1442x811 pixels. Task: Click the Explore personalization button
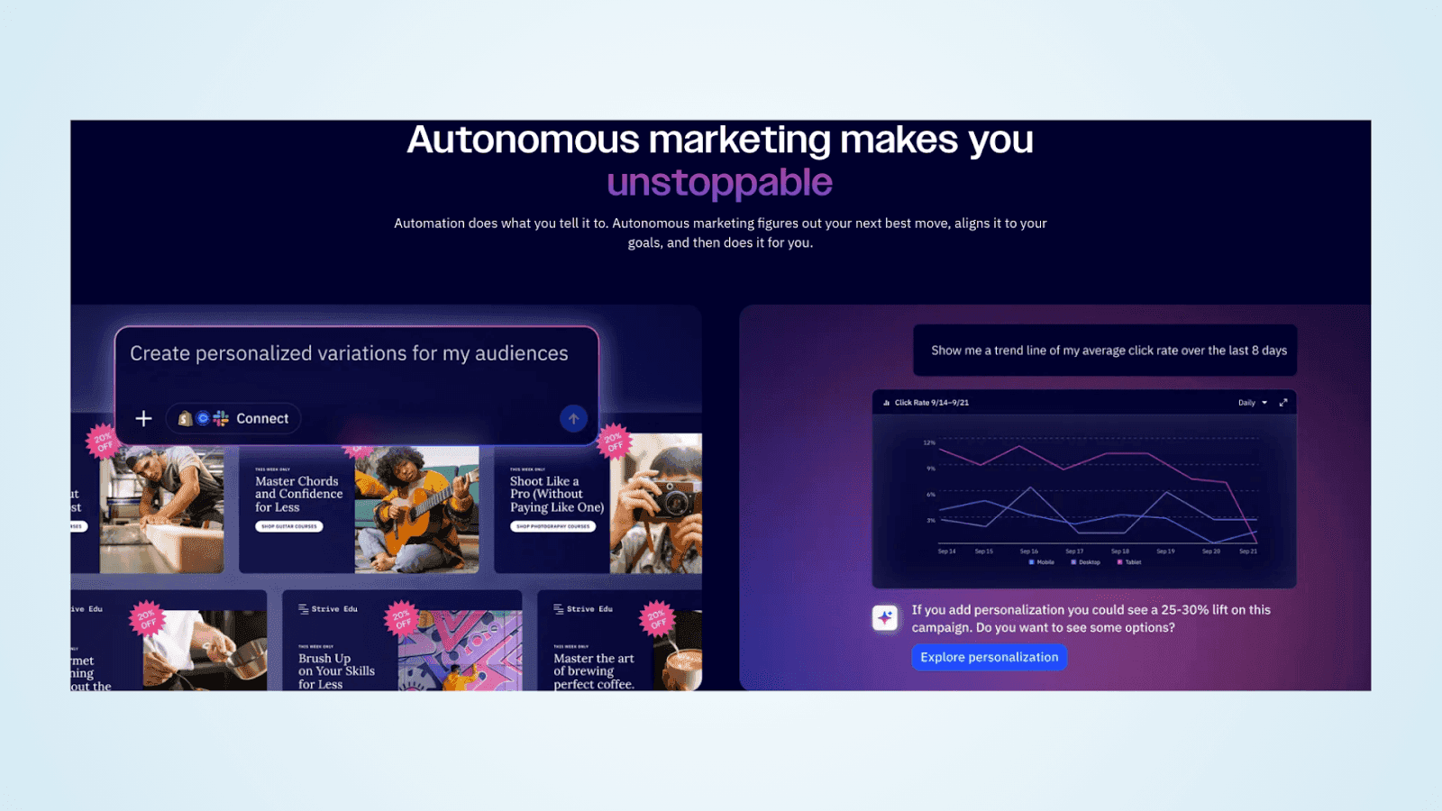(x=989, y=657)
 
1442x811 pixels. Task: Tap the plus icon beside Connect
(x=143, y=418)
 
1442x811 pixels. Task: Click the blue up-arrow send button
(x=573, y=418)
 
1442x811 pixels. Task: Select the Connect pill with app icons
(x=233, y=418)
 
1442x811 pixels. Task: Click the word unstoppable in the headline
(x=719, y=183)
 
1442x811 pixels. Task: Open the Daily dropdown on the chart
(x=1252, y=403)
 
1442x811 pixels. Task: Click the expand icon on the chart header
(x=1283, y=403)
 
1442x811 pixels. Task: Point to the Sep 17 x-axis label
(x=1074, y=551)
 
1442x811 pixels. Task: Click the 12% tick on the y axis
(x=929, y=442)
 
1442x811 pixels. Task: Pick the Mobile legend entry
(x=1042, y=562)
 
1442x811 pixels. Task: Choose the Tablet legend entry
(x=1129, y=562)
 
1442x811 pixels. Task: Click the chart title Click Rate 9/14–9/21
(x=931, y=403)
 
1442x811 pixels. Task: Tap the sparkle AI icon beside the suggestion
(x=885, y=617)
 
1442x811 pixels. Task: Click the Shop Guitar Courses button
(x=289, y=526)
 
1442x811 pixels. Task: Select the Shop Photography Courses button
(x=552, y=526)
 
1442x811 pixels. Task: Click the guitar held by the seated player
(x=424, y=518)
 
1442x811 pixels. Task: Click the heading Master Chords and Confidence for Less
(x=298, y=494)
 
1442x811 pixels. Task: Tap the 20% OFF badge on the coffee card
(x=657, y=618)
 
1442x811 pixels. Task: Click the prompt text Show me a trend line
(x=1109, y=351)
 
